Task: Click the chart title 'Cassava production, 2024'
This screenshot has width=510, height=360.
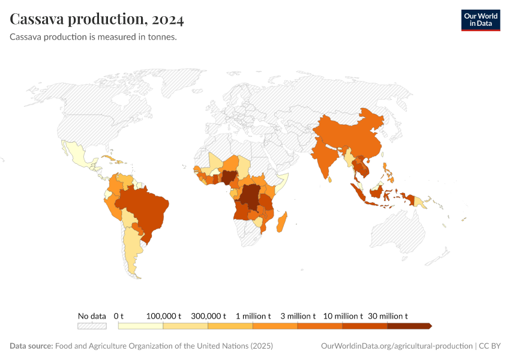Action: pyautogui.click(x=97, y=19)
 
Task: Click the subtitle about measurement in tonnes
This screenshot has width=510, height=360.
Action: pyautogui.click(x=93, y=37)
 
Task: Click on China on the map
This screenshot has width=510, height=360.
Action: pyautogui.click(x=354, y=135)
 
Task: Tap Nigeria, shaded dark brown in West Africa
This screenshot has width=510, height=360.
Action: pyautogui.click(x=229, y=176)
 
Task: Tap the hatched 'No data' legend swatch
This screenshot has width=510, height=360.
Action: pyautogui.click(x=92, y=326)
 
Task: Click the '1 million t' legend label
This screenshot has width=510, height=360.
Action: pyautogui.click(x=253, y=316)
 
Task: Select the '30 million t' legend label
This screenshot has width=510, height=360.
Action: pyautogui.click(x=388, y=316)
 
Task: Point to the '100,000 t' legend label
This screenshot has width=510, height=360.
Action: pyautogui.click(x=163, y=316)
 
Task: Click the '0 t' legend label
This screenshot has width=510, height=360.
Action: pyautogui.click(x=118, y=316)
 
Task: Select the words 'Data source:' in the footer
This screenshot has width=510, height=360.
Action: pyautogui.click(x=31, y=346)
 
